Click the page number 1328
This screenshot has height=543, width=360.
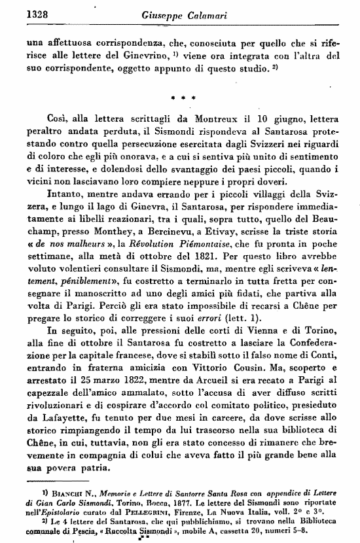(21, 11)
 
